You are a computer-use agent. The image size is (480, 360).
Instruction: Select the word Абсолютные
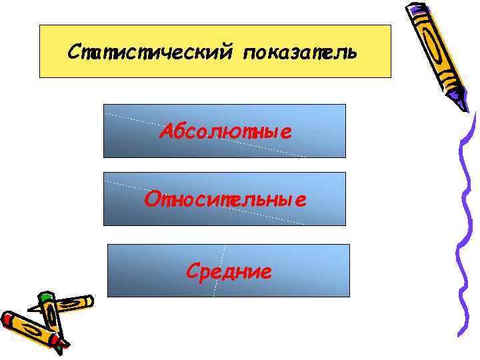pos(225,132)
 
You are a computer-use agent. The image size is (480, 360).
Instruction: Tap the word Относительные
pos(225,199)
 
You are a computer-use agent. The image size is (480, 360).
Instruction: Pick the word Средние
pos(229,271)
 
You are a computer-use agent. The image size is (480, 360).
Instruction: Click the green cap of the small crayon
pos(45,299)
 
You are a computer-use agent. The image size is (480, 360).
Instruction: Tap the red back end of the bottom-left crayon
pos(7,319)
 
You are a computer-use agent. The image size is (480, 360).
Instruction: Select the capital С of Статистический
pos(74,51)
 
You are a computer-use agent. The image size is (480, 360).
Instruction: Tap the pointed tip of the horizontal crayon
pos(30,309)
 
